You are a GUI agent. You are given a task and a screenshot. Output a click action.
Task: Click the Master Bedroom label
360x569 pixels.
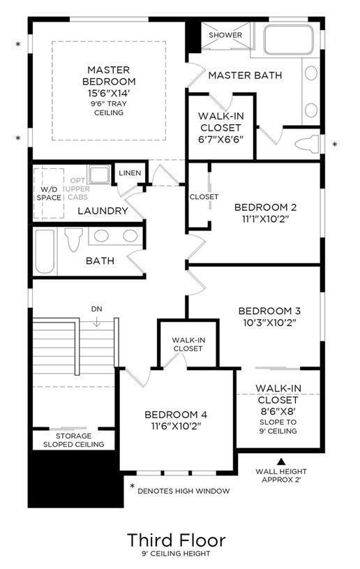pyautogui.click(x=109, y=75)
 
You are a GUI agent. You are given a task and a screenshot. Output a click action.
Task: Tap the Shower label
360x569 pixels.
pyautogui.click(x=225, y=35)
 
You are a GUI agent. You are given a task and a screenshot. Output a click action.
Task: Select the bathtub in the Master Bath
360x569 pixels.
pyautogui.click(x=288, y=40)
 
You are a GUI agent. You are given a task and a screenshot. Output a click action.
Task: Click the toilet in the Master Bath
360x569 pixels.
pyautogui.click(x=307, y=144)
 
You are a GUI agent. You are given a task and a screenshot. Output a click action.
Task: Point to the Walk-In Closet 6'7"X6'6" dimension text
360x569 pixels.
pyautogui.click(x=220, y=140)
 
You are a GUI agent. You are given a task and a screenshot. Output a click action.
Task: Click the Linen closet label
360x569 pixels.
pyautogui.click(x=130, y=173)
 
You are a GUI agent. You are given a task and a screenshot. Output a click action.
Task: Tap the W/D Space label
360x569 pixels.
pyautogui.click(x=49, y=193)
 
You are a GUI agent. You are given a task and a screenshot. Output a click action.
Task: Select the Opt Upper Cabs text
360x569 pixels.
pyautogui.click(x=78, y=189)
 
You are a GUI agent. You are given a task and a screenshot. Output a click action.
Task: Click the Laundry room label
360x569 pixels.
pyautogui.click(x=103, y=211)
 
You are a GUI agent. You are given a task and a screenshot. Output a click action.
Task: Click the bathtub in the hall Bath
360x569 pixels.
pyautogui.click(x=45, y=251)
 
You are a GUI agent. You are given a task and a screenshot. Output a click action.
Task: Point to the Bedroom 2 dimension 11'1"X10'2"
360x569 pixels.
pyautogui.click(x=265, y=219)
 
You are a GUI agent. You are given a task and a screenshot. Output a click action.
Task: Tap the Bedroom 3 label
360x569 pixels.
pyautogui.click(x=269, y=311)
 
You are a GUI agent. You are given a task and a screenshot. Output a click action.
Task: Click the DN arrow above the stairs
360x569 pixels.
pyautogui.click(x=97, y=320)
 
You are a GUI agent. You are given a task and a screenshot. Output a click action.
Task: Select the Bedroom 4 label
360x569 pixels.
pyautogui.click(x=176, y=415)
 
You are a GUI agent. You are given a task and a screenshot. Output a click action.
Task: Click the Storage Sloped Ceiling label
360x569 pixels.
pyautogui.click(x=73, y=440)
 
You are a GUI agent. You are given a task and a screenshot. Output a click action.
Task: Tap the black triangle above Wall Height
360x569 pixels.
pyautogui.click(x=281, y=461)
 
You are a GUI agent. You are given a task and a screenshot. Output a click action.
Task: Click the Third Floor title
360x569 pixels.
pyautogui.click(x=177, y=540)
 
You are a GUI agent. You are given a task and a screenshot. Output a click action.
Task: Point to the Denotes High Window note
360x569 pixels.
pyautogui.click(x=183, y=491)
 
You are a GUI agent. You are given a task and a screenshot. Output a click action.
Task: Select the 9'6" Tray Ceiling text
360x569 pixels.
pyautogui.click(x=109, y=108)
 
